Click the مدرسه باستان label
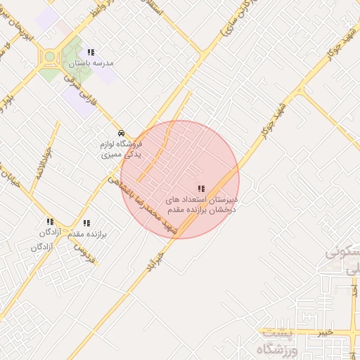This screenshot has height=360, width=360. point(91,63)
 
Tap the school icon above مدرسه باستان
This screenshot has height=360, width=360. point(91,52)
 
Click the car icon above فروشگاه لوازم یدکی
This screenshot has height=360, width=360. point(122,133)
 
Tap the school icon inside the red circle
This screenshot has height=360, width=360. point(202,188)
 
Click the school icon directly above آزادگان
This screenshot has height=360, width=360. point(49,222)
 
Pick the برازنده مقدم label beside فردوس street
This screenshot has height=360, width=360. point(88,233)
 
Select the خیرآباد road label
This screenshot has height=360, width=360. point(156,262)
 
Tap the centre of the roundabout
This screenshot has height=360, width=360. point(50,57)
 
